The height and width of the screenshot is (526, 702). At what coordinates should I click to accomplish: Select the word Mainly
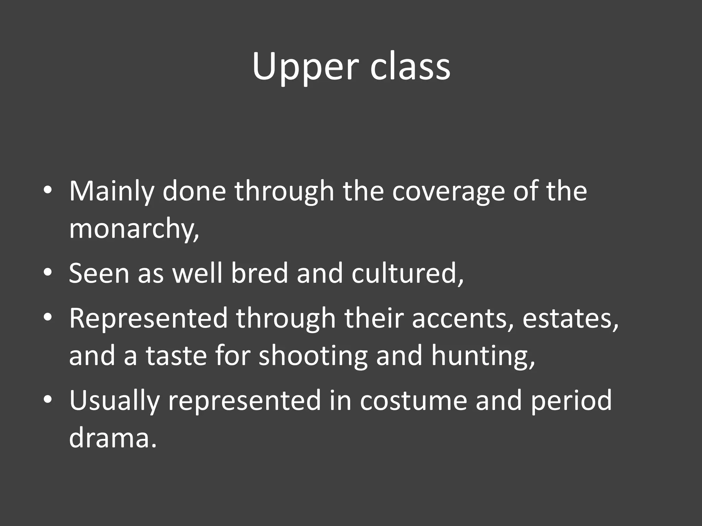tap(111, 191)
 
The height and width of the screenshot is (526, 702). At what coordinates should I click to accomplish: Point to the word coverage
tap(448, 191)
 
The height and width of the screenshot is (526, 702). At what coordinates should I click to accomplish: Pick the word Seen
tap(99, 274)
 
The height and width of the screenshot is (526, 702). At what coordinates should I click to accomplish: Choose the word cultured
tap(407, 274)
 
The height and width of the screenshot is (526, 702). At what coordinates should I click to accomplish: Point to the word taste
tap(176, 356)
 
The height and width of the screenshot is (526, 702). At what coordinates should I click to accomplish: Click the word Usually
tap(114, 401)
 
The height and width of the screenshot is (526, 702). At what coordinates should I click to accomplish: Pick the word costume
tap(413, 400)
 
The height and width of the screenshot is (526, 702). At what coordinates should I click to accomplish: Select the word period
tap(571, 401)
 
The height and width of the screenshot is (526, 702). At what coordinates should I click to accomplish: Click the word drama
tap(112, 438)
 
